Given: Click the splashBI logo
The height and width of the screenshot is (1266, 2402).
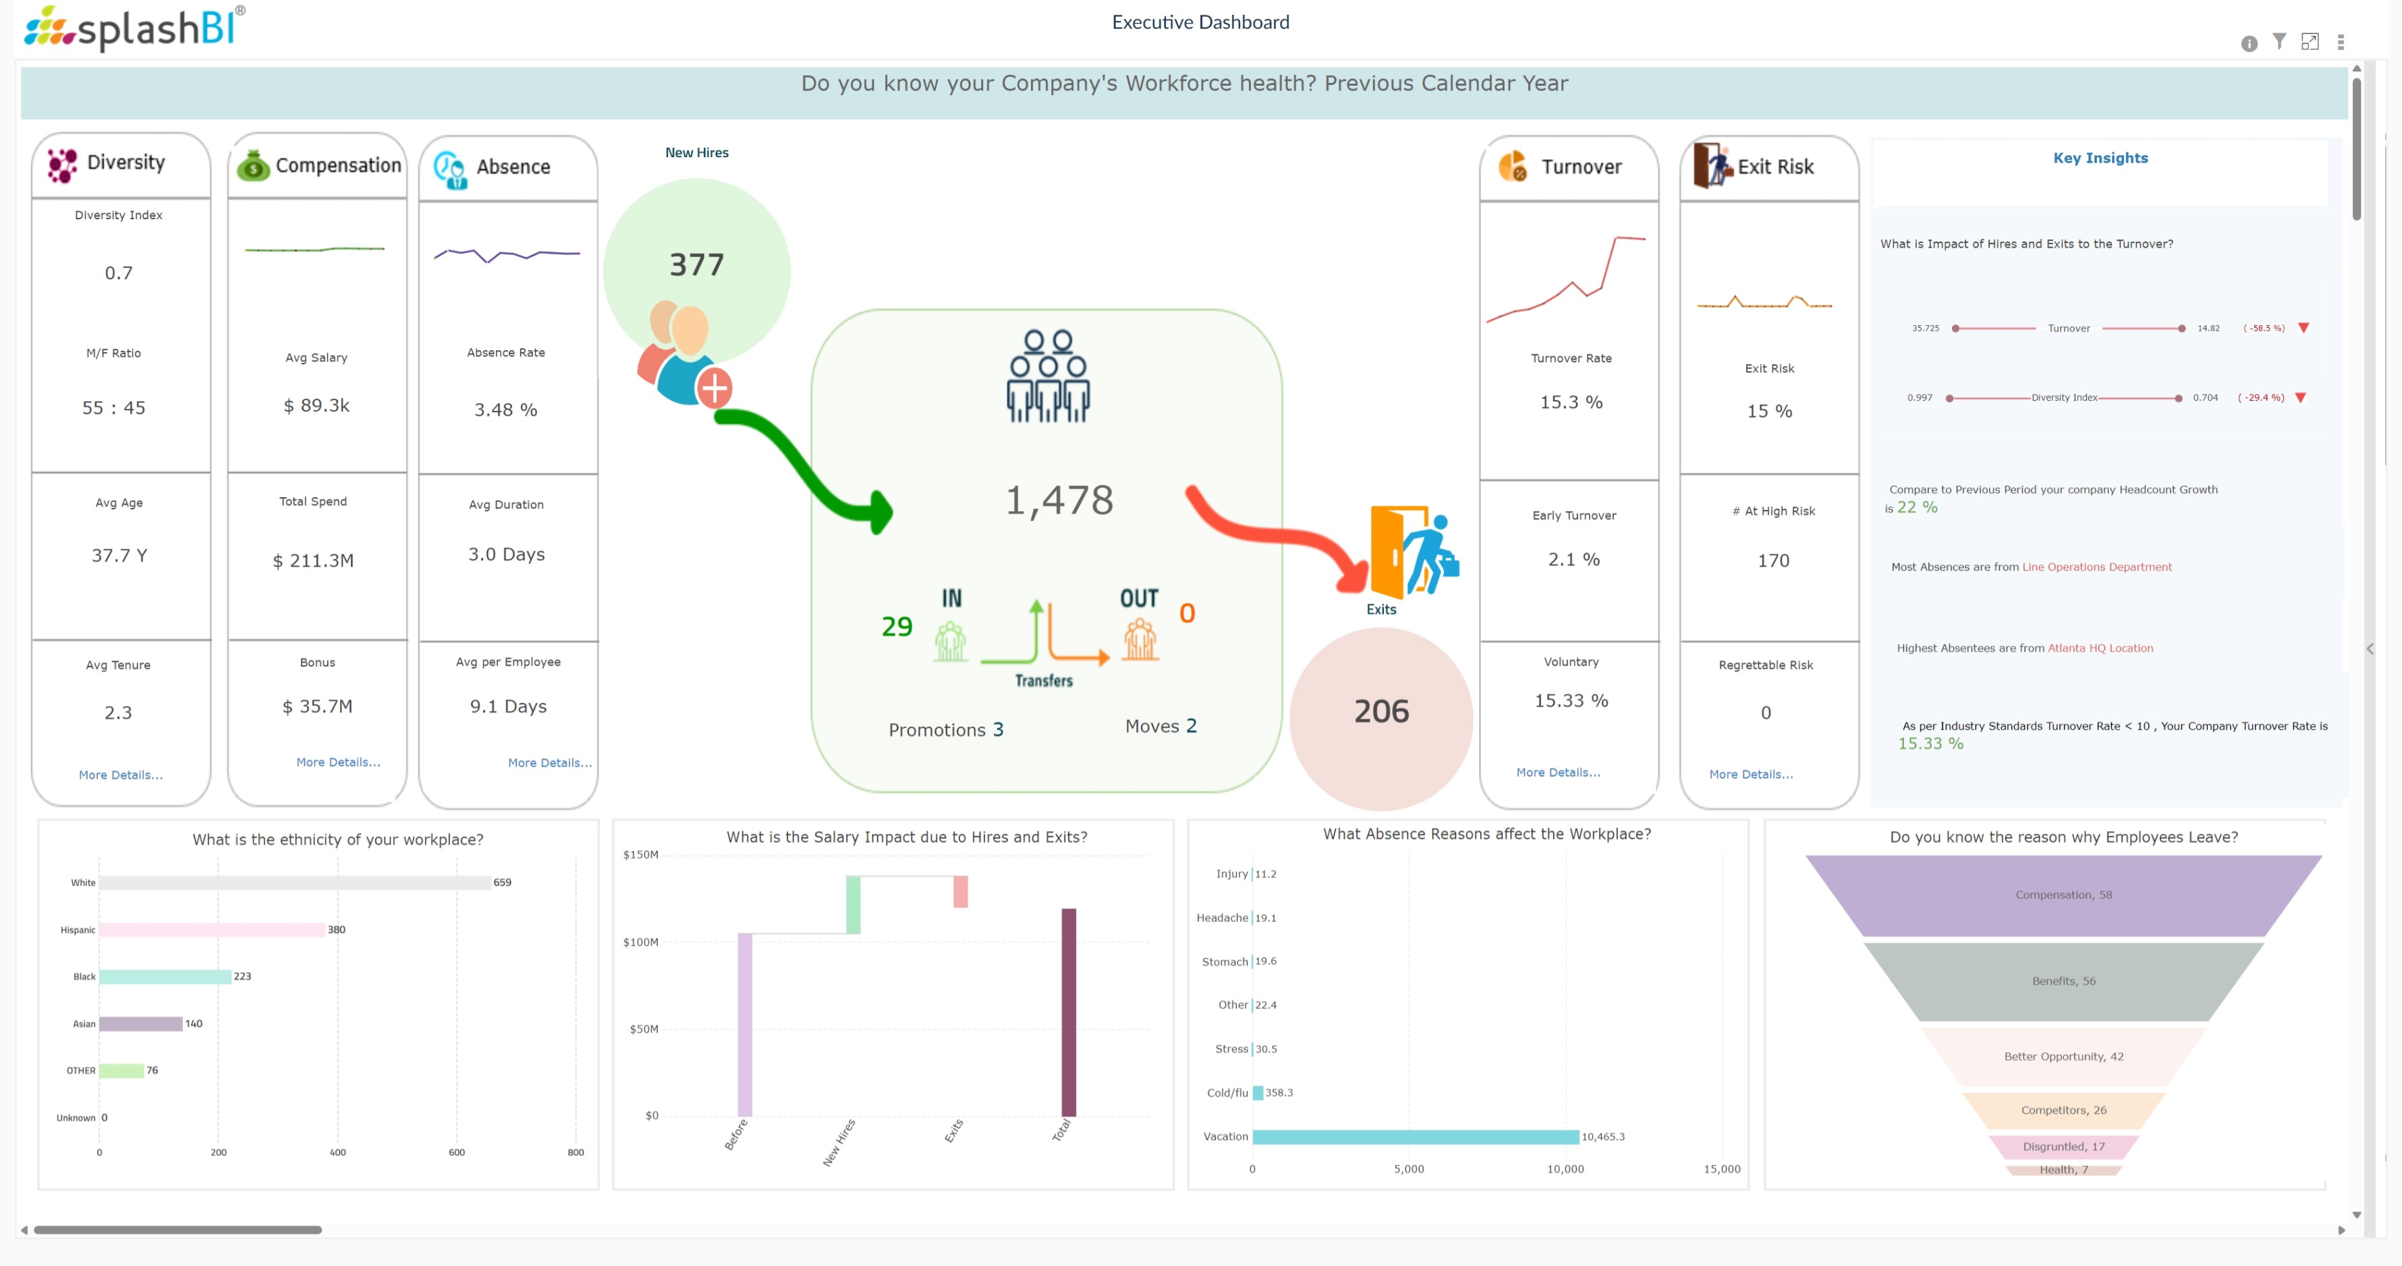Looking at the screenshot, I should (135, 28).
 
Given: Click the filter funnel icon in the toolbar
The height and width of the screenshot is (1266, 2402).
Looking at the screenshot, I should (2279, 42).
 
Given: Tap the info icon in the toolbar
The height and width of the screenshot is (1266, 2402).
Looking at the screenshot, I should (2249, 44).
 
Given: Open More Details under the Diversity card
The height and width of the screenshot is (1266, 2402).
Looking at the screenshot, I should (120, 775).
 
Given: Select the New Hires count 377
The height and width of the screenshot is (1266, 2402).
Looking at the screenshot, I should (696, 266).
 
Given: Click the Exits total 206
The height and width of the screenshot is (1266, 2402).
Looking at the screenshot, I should (1381, 712).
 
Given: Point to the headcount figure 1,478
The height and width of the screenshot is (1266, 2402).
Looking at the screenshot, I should (1059, 500).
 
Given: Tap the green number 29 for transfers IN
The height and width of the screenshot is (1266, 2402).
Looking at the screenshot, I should (897, 627).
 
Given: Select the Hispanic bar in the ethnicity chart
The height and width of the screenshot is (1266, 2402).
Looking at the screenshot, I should (212, 929).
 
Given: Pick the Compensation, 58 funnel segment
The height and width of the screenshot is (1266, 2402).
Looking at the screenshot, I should (2063, 895).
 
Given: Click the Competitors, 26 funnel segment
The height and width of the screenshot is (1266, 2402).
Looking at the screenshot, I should (2063, 1110).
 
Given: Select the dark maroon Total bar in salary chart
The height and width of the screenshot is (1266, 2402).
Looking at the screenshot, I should (1069, 1012).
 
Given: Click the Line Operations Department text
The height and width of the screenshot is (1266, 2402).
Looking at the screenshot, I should (2096, 567).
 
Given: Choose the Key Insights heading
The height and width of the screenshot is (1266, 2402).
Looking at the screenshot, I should (2100, 159).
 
